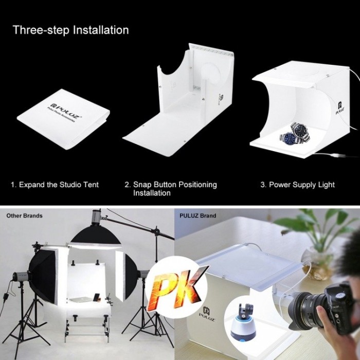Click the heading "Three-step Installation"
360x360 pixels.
tap(71, 30)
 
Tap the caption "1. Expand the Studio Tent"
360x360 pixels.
tap(55, 185)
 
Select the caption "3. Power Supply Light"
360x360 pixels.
tap(298, 185)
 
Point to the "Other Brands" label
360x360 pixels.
tap(24, 215)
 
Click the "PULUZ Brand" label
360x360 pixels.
tap(197, 216)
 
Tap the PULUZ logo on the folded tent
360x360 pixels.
tap(65, 110)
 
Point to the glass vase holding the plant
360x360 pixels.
tap(318, 262)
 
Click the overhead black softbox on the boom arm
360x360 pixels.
tap(96, 237)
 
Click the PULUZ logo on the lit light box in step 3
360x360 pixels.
tap(340, 108)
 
